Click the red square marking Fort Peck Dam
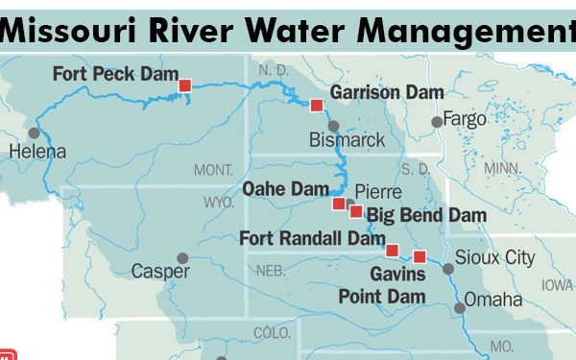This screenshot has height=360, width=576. (x=185, y=85)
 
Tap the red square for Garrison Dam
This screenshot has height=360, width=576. (x=316, y=105)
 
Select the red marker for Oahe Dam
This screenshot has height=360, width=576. (x=338, y=204)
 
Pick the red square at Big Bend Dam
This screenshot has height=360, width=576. (x=355, y=211)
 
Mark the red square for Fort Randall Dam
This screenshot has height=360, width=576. (x=392, y=251)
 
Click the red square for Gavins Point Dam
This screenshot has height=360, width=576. (x=420, y=255)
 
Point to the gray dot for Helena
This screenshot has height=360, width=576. (x=35, y=132)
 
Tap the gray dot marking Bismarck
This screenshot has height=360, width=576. (x=333, y=126)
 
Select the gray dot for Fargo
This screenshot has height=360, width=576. (x=437, y=121)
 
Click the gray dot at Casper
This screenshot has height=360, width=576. (x=181, y=257)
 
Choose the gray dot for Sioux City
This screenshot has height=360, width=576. (x=446, y=269)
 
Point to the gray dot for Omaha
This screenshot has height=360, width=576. (x=460, y=307)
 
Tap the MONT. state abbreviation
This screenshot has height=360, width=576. (x=213, y=170)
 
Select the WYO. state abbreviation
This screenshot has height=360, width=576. (x=220, y=203)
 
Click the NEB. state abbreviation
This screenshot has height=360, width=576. (x=272, y=271)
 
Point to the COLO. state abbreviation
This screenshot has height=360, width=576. (x=272, y=333)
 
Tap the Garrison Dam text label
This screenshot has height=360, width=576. (x=387, y=92)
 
